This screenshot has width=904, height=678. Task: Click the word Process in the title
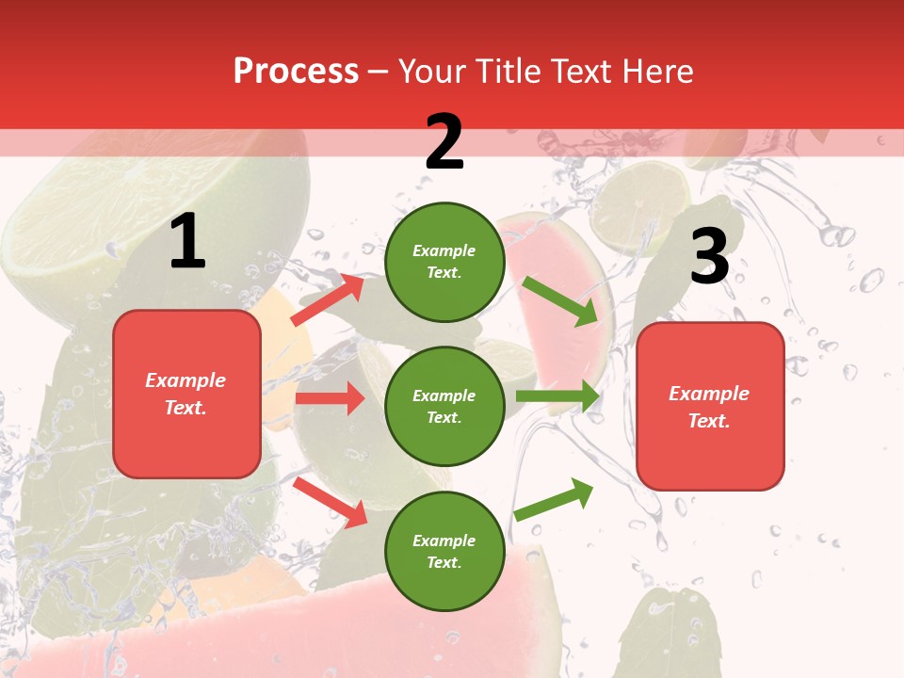point(296,72)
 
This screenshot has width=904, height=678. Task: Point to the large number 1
point(187,242)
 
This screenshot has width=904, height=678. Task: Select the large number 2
point(444,142)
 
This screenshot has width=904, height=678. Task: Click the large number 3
point(709,257)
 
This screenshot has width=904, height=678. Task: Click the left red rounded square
point(186,394)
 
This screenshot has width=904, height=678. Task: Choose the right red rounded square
point(710,407)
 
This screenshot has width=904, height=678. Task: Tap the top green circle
point(444,262)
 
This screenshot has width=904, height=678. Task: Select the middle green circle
point(444,407)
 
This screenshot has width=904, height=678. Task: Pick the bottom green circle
point(444,552)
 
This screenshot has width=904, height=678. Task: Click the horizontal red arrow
point(330,398)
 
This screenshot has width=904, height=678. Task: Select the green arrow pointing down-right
point(560,301)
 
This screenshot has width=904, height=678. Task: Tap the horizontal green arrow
point(557,396)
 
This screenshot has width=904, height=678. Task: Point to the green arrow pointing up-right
point(554,499)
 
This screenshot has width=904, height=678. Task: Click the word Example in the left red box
point(186,380)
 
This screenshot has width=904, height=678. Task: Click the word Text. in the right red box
point(709,421)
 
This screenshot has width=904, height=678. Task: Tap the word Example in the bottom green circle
point(444,541)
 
